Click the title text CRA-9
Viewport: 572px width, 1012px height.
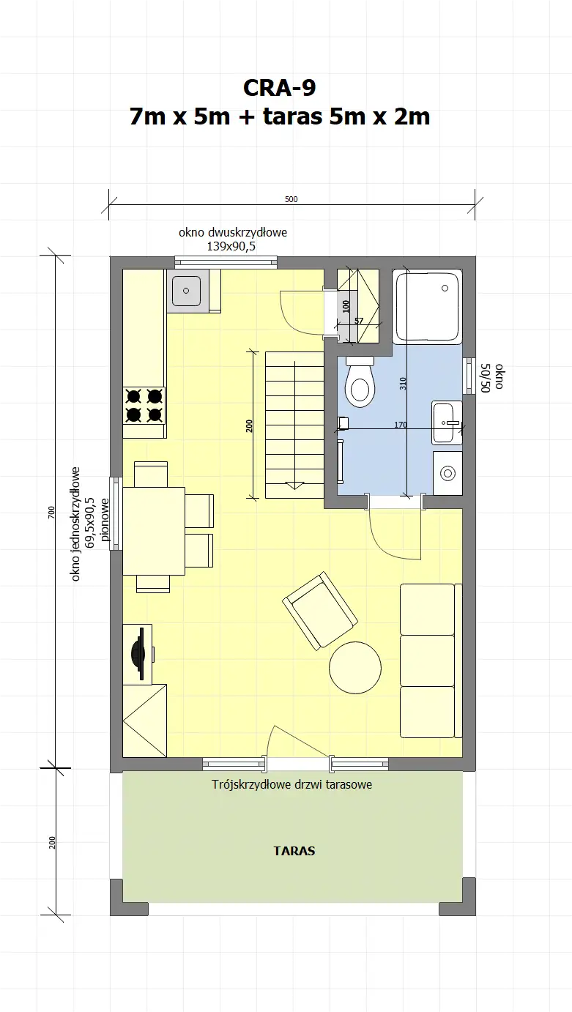(x=280, y=88)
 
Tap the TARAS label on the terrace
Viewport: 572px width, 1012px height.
(x=294, y=851)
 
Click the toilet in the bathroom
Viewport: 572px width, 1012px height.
(x=360, y=384)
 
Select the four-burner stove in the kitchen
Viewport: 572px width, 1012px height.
(x=144, y=405)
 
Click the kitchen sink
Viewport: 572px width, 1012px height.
(x=187, y=291)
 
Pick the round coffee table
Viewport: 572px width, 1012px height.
(x=355, y=668)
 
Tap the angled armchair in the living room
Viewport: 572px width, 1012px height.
(x=320, y=611)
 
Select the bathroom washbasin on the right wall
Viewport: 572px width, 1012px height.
(x=446, y=423)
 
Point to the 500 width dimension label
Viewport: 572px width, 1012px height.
(x=291, y=199)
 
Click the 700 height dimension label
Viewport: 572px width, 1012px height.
(x=51, y=513)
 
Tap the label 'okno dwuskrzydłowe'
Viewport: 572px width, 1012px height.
(x=233, y=232)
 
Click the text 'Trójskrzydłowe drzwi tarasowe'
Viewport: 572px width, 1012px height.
(x=292, y=784)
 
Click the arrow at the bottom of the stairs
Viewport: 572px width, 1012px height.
(x=294, y=484)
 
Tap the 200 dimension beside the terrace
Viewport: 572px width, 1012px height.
(x=51, y=842)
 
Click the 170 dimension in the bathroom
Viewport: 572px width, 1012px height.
(x=401, y=423)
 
